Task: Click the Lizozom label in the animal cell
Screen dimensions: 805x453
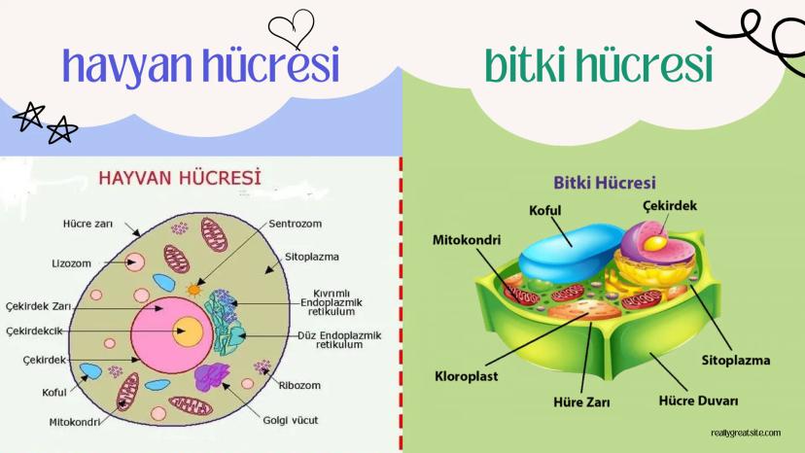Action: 71,263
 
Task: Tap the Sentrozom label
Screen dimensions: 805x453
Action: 296,224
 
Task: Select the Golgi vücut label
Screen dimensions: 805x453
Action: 291,420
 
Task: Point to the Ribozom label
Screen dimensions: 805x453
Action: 299,385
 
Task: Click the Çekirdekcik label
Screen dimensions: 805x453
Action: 34,331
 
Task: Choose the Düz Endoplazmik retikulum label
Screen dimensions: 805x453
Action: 339,340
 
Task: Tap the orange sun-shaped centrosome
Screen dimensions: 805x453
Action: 194,291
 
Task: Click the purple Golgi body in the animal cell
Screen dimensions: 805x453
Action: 212,377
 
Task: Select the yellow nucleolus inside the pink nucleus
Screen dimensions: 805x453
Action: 188,331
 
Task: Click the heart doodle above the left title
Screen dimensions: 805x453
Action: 291,29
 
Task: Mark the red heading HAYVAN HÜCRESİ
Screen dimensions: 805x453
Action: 180,178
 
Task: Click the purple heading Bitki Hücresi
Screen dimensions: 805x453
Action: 605,183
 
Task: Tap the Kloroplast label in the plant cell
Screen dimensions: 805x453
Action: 466,376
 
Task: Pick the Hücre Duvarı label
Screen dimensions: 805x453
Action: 698,401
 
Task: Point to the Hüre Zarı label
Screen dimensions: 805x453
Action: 581,401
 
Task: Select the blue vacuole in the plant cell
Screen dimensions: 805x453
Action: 571,254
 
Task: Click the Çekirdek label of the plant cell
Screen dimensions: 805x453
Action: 670,206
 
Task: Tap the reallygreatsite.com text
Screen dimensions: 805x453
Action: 746,433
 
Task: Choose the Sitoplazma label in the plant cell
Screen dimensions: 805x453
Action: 736,361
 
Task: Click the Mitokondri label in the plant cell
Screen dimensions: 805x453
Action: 466,240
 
